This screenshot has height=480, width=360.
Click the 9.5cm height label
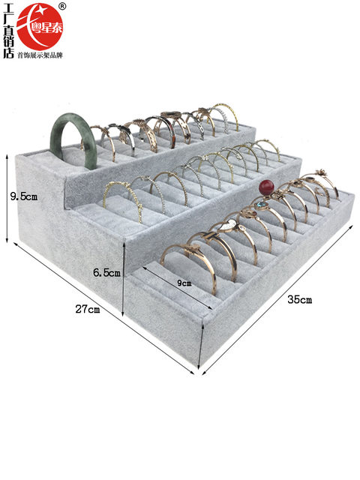[24, 196]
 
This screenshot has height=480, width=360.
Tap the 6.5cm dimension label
[106, 272]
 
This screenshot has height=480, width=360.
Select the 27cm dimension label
[88, 309]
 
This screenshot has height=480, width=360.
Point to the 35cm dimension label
[300, 299]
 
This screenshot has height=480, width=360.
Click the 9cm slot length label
[184, 283]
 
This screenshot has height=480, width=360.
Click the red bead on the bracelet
[265, 187]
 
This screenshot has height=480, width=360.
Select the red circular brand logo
[40, 26]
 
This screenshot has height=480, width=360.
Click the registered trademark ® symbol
[61, 7]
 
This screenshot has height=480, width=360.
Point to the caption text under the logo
[40, 55]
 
